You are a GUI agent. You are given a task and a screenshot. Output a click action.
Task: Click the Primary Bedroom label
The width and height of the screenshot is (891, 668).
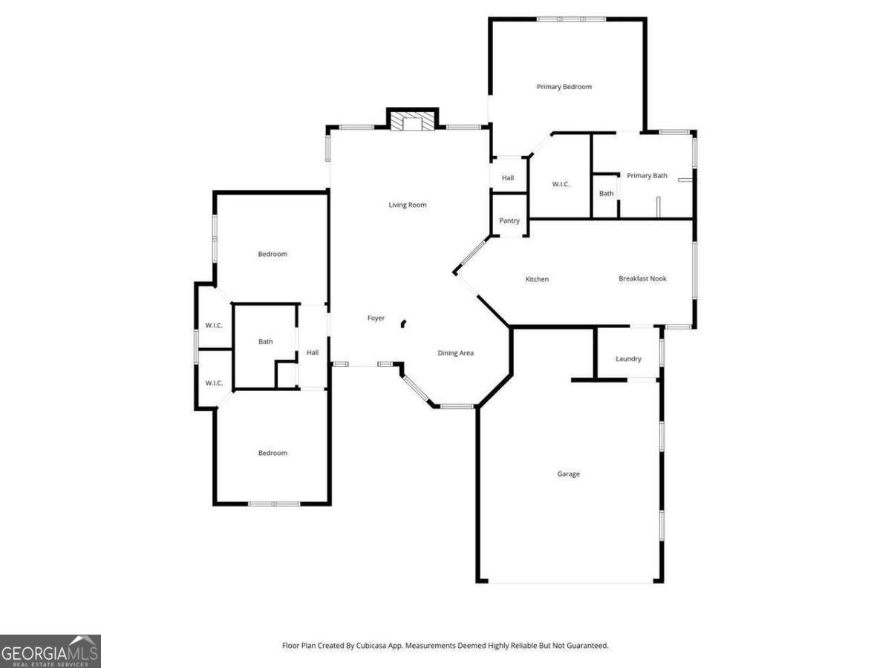coord(564,87)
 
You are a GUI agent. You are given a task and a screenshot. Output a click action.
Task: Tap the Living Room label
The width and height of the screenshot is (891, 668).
coord(408,205)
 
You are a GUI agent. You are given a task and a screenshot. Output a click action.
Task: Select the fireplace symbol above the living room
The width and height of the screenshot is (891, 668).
coord(412,122)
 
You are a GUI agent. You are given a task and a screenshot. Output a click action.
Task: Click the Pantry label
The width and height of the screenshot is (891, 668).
coord(509,220)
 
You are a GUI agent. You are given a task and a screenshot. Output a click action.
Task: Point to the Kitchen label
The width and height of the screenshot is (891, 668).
coord(537,279)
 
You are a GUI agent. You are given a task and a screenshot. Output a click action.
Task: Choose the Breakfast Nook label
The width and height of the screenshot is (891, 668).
coord(642,278)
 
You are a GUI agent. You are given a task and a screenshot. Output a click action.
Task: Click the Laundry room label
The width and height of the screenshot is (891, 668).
coord(628,359)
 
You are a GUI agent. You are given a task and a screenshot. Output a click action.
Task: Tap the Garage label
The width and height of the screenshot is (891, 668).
coord(569,474)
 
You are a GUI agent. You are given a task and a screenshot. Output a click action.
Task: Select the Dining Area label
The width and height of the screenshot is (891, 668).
coord(455,353)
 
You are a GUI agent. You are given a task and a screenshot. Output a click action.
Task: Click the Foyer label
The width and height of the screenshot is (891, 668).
coord(376,318)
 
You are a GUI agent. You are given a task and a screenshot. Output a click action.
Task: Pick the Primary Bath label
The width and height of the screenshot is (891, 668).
coord(647,176)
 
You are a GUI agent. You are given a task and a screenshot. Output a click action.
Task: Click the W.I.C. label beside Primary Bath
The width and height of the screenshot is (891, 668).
coord(561,184)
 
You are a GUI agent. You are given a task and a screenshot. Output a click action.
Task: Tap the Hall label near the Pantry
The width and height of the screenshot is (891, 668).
coord(508,178)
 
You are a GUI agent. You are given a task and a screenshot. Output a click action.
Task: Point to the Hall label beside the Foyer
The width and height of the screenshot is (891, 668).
coord(313,353)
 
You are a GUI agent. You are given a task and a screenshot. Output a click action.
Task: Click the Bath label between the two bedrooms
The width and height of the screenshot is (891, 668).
coord(265,341)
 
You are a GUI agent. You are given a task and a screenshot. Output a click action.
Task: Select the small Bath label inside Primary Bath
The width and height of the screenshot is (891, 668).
coord(607,194)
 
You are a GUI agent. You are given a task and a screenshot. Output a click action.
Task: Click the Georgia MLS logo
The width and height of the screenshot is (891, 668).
coord(50,651)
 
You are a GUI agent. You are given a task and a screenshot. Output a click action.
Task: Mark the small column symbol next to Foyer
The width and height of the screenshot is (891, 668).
coord(403,323)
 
